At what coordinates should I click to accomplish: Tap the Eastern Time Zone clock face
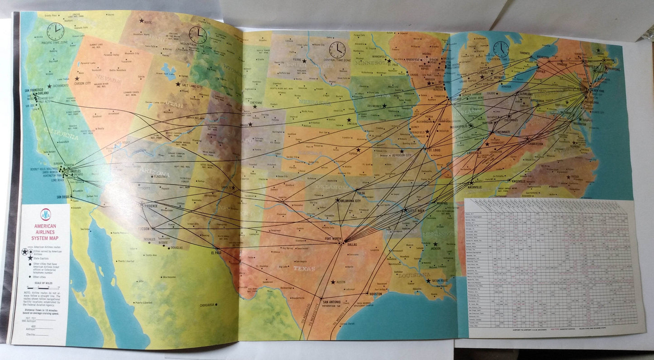(501, 49)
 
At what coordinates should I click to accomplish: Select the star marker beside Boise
(142, 20)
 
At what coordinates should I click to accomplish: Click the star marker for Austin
(334, 282)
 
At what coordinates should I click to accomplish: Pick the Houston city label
(375, 294)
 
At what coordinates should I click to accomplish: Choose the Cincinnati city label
(502, 132)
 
